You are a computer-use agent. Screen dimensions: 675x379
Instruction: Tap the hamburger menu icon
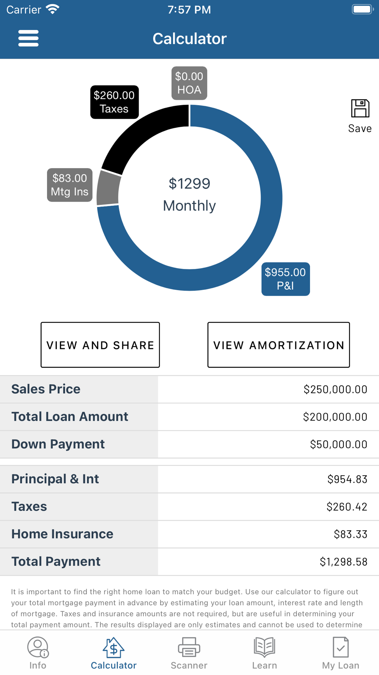(x=28, y=38)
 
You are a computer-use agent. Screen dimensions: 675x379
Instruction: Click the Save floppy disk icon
(x=360, y=109)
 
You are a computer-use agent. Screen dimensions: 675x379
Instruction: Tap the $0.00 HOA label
(x=189, y=83)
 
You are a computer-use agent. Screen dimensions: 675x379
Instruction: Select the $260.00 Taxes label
(x=114, y=102)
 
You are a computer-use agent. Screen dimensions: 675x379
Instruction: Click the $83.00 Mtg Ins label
(x=70, y=185)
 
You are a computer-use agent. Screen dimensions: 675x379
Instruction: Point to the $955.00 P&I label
(x=285, y=279)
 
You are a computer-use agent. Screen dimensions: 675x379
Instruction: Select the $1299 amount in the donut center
(x=189, y=184)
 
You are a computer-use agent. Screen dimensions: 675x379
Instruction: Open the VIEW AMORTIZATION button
(x=279, y=345)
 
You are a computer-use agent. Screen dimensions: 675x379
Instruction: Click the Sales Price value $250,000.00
(x=335, y=390)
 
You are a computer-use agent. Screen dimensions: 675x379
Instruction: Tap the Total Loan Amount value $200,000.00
(x=335, y=417)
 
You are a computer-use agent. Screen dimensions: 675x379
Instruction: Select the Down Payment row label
(x=58, y=444)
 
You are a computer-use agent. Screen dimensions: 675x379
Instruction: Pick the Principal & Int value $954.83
(x=347, y=479)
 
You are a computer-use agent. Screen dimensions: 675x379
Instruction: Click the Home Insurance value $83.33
(x=350, y=534)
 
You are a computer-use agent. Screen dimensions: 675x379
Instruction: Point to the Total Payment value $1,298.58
(x=343, y=562)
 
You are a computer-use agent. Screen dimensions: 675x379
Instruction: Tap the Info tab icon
(x=38, y=647)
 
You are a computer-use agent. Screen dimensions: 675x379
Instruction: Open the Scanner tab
(x=189, y=653)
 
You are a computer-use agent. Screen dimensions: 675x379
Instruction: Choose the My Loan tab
(x=340, y=653)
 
